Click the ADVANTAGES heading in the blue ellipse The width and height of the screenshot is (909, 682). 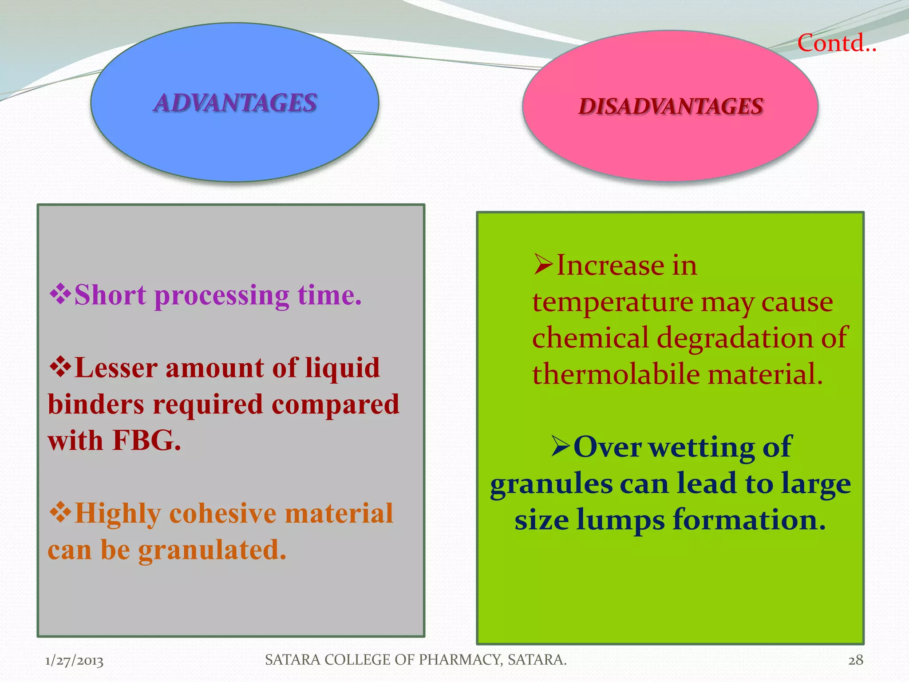[235, 103]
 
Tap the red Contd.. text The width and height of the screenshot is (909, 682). [836, 44]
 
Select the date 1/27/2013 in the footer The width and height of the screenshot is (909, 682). [74, 661]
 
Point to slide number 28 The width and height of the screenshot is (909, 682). [855, 660]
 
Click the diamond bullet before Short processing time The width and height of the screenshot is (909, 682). [60, 294]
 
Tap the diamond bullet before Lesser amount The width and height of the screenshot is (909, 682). [60, 367]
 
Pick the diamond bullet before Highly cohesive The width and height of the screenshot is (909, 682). [60, 512]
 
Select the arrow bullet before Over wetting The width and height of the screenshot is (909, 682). [561, 446]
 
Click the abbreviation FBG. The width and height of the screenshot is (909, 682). [146, 440]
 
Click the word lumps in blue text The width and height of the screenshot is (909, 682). [620, 519]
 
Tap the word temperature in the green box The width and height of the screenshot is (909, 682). [613, 303]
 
